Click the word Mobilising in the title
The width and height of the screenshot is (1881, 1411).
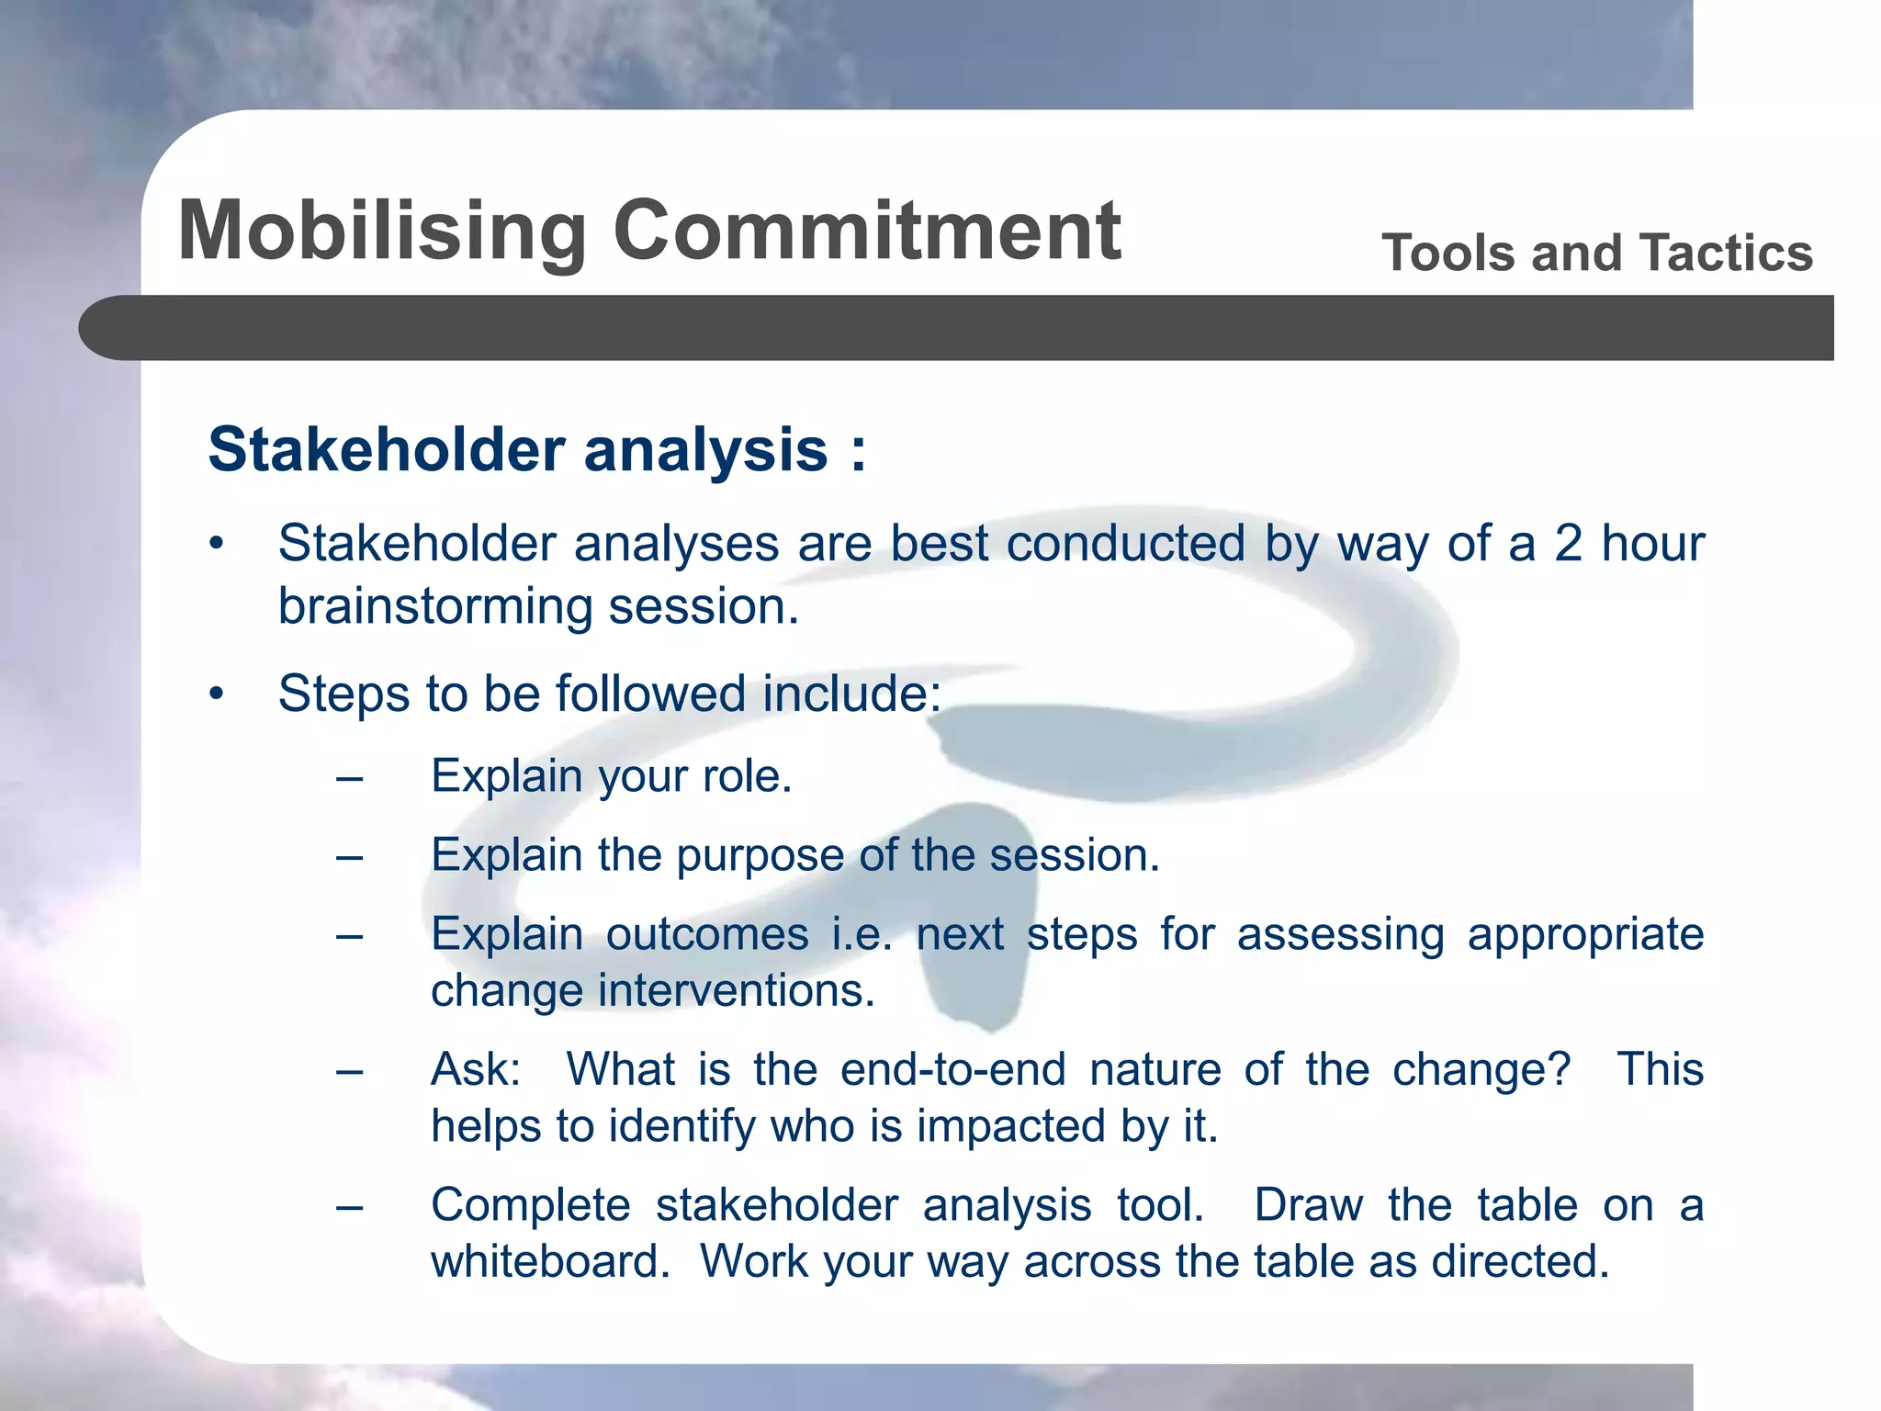[382, 231]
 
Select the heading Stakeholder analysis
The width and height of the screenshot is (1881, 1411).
[536, 450]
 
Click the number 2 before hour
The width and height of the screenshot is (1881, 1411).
[1568, 543]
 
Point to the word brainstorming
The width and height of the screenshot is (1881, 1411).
[435, 607]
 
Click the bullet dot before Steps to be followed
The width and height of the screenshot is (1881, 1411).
[216, 694]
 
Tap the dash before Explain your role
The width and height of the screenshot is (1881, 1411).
[349, 780]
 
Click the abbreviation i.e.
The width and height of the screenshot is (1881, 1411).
[861, 935]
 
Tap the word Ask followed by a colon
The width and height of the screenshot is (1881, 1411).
[474, 1070]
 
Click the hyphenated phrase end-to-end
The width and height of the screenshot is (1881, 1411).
[952, 1070]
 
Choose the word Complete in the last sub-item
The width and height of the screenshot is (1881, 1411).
[530, 1205]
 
